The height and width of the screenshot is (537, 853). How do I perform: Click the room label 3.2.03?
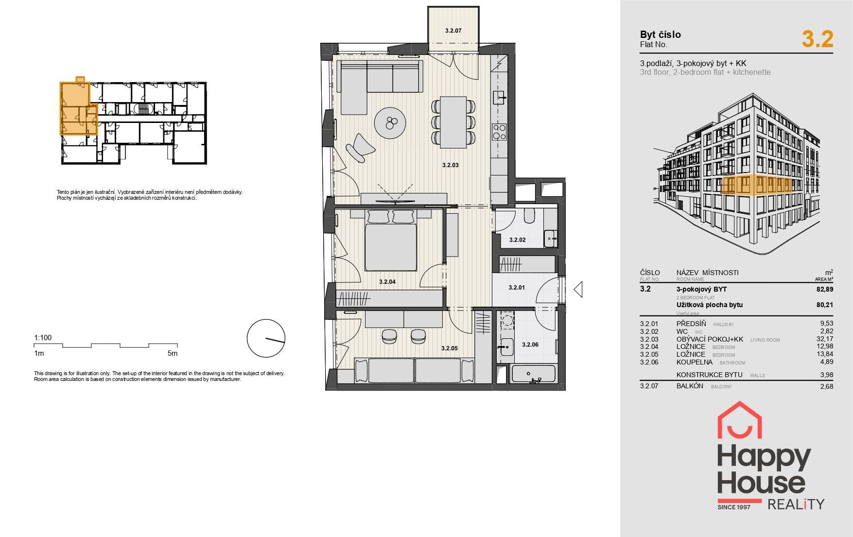[450, 165]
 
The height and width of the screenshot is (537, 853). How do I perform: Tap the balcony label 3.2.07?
[453, 31]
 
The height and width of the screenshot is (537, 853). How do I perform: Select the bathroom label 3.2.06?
[530, 345]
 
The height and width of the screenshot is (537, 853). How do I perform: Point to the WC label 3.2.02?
[517, 240]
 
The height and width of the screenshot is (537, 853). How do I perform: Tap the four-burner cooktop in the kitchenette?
[500, 132]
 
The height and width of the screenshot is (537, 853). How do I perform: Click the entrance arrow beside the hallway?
[578, 290]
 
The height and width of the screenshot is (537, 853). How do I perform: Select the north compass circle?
[266, 338]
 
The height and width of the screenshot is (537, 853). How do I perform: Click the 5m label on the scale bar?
[172, 353]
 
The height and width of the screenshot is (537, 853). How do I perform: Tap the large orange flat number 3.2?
[818, 39]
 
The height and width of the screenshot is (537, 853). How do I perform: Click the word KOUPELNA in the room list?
[694, 362]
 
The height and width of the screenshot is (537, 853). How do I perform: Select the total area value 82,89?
[825, 289]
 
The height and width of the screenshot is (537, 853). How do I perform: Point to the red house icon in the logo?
[740, 420]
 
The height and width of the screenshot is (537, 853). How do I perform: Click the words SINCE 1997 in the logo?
[734, 507]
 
